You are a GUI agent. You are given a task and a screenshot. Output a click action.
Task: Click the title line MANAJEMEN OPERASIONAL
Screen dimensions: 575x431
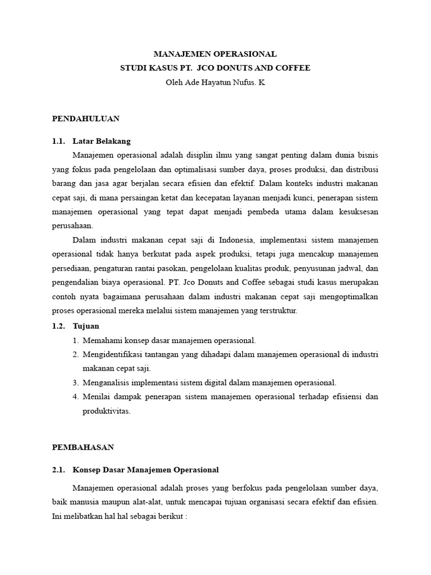pyautogui.click(x=215, y=54)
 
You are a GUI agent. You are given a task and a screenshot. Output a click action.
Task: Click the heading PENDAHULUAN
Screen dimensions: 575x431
pyautogui.click(x=86, y=118)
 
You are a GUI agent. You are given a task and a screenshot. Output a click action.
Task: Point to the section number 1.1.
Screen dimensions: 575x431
pyautogui.click(x=58, y=141)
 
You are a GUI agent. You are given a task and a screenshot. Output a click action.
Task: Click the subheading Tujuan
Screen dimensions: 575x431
pyautogui.click(x=86, y=326)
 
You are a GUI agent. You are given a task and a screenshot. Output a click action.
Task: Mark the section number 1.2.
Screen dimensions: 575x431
pyautogui.click(x=58, y=326)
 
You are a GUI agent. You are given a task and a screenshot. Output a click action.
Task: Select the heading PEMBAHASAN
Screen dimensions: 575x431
pyautogui.click(x=83, y=447)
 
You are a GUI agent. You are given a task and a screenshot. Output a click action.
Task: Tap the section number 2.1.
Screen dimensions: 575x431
pyautogui.click(x=58, y=469)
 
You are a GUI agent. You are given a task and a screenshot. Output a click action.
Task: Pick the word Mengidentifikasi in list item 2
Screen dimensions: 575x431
pyautogui.click(x=111, y=354)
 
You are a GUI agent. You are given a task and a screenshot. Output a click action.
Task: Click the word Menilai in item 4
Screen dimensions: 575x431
pyautogui.click(x=95, y=396)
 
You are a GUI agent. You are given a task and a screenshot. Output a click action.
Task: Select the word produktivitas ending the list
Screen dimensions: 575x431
pyautogui.click(x=107, y=410)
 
